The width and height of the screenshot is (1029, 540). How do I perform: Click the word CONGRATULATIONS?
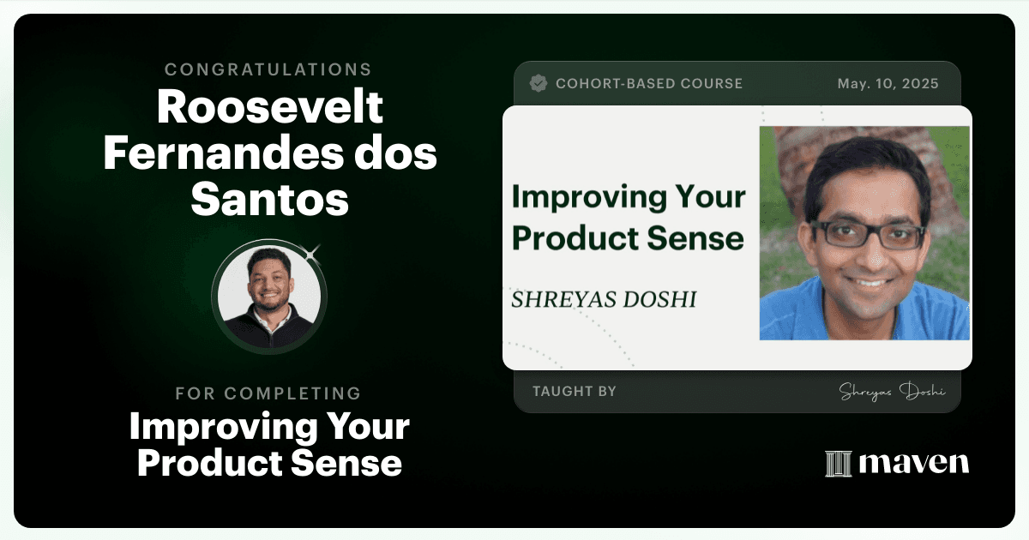pos(268,69)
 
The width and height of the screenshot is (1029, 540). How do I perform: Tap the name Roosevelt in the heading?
pos(269,106)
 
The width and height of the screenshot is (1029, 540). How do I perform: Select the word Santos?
pos(269,199)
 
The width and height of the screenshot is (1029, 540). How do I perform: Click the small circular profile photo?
pos(269,297)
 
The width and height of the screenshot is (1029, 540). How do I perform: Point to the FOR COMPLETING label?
pos(268,393)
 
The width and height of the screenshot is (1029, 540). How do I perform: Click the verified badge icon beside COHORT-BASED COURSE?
pos(538,83)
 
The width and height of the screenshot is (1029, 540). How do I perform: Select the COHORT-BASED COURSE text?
pos(649,84)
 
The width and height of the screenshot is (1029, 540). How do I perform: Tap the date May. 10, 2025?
pos(888,84)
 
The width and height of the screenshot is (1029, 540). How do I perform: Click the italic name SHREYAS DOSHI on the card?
pos(604,299)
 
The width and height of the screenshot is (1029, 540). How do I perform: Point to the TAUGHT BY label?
pos(575,391)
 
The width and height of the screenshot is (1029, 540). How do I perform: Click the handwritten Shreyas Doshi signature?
pos(892,392)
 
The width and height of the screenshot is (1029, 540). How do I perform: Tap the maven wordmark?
pos(914,463)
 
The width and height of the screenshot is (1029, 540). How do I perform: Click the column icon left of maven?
pos(839,464)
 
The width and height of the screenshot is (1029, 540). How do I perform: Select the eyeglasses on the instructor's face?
pos(867,235)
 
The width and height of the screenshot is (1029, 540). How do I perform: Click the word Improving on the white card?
pos(589,197)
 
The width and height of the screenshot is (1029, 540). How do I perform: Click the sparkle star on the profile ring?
pos(311,255)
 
